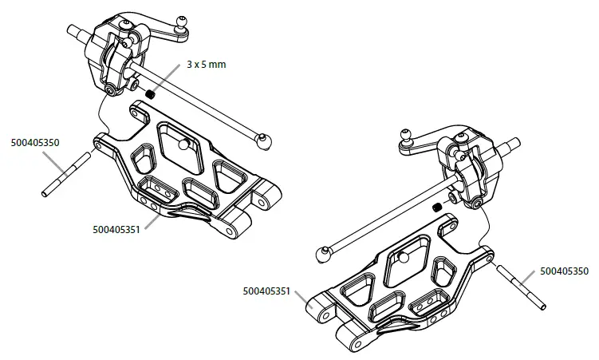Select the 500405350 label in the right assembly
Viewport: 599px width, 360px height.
click(x=564, y=271)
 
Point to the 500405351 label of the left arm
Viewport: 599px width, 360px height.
click(x=116, y=230)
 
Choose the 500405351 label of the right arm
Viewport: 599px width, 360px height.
click(x=267, y=291)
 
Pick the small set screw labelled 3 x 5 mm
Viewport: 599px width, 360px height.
click(x=149, y=93)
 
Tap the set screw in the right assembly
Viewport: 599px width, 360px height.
click(x=436, y=208)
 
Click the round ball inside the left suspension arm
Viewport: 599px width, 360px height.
click(x=183, y=144)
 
